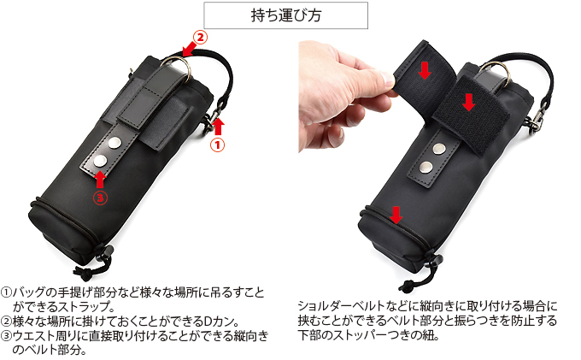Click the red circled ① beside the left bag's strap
[x=218, y=145]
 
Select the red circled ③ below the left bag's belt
[x=100, y=197]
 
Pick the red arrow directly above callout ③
[x=100, y=178]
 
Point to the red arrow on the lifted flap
[x=425, y=70]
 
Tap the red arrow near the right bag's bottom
[x=396, y=213]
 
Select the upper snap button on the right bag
[x=437, y=148]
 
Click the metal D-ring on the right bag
[x=501, y=75]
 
